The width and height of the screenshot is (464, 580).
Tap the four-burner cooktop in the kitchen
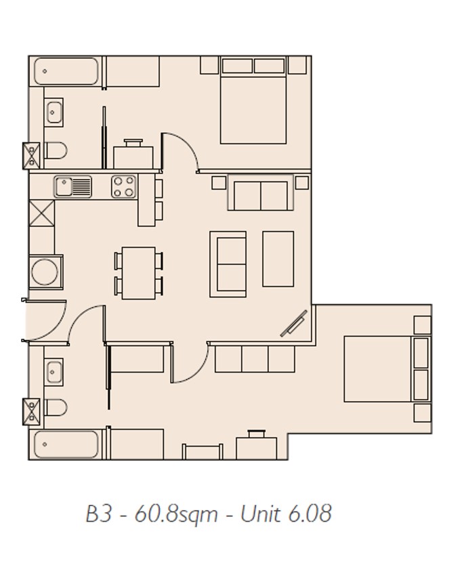pos(123,186)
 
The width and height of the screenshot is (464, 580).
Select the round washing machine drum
pos(45,272)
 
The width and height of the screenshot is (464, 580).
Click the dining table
pos(138,273)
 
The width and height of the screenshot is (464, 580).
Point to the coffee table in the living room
pos(278,259)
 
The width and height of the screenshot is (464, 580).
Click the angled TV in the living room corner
pos(294,324)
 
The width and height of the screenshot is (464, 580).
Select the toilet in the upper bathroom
pos(56,151)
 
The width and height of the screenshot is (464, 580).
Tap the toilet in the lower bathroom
pos(56,407)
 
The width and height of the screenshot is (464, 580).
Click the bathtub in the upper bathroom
pos(66,71)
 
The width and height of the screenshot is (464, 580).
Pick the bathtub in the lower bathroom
pos(66,444)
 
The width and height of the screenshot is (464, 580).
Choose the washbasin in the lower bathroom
pos(54,372)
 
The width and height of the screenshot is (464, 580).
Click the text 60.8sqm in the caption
pos(176,514)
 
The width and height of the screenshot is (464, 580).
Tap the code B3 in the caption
pos(98,514)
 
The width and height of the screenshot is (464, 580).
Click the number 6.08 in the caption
pos(310,514)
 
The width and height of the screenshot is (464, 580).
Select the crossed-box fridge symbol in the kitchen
pos(42,213)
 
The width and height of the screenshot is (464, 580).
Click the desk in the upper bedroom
pos(133,158)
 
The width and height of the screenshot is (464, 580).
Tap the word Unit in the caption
pos(260,514)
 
